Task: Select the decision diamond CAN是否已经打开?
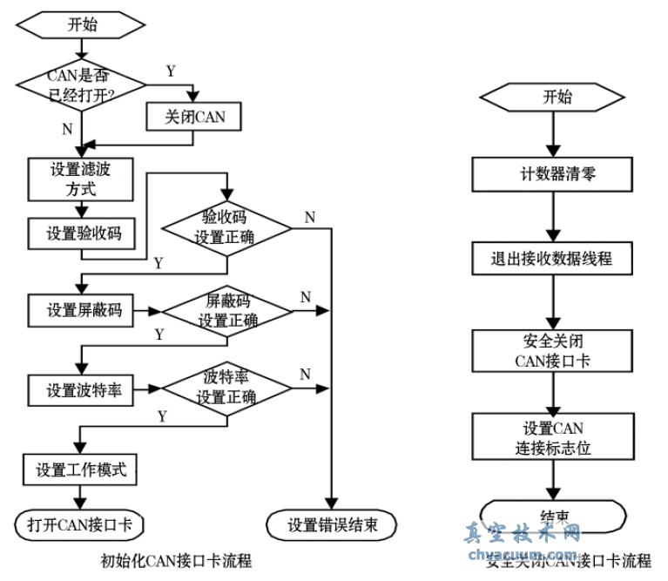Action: pyautogui.click(x=82, y=84)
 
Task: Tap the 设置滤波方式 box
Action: pyautogui.click(x=81, y=179)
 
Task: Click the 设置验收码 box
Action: pyautogui.click(x=81, y=233)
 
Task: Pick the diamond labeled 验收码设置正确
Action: pyautogui.click(x=228, y=227)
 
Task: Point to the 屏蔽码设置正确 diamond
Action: pyautogui.click(x=228, y=311)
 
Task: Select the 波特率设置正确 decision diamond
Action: pyautogui.click(x=227, y=388)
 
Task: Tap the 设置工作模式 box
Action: pyautogui.click(x=81, y=470)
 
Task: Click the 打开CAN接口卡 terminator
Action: pyautogui.click(x=79, y=524)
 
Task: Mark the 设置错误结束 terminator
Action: pyautogui.click(x=330, y=524)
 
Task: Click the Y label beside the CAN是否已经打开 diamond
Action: pyautogui.click(x=171, y=72)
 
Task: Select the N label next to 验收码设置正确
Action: pyautogui.click(x=309, y=217)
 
